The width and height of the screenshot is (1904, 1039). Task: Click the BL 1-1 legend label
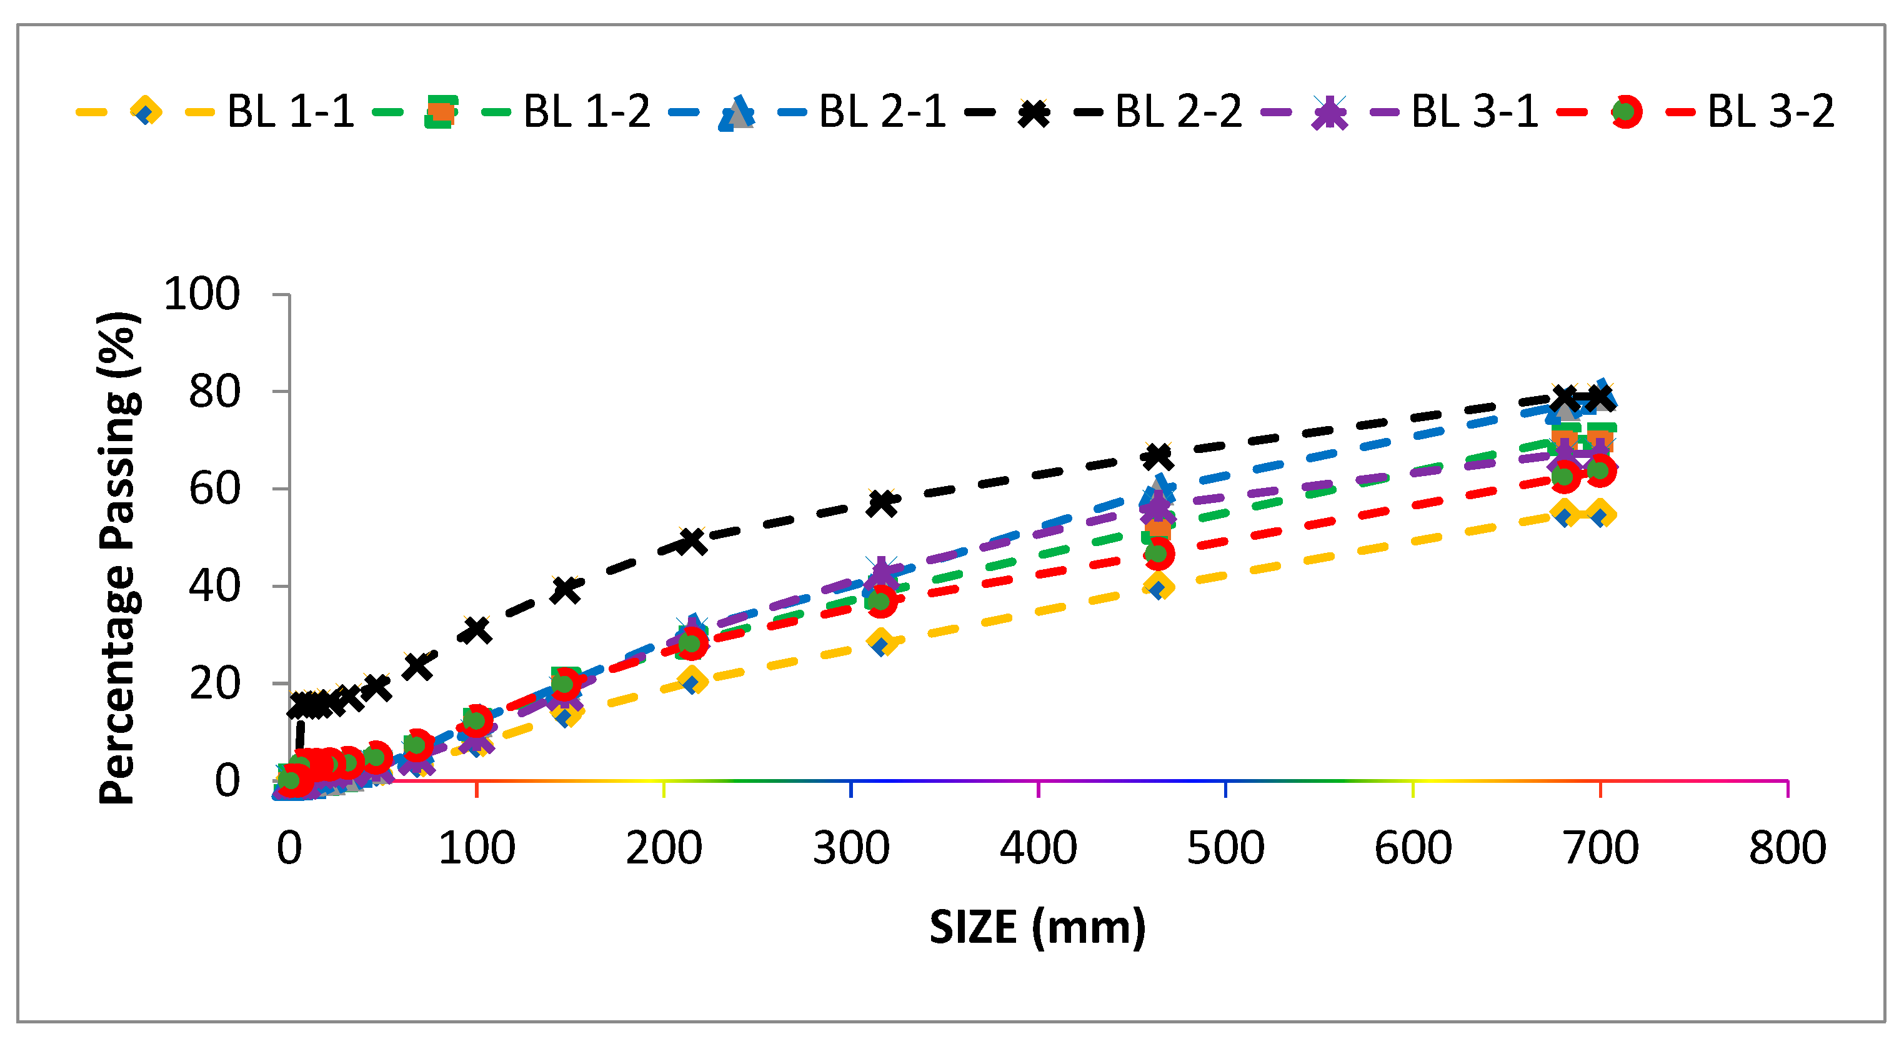coord(291,112)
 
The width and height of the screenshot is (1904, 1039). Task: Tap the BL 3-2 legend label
coord(1770,112)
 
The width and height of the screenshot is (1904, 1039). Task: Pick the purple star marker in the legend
coord(1329,113)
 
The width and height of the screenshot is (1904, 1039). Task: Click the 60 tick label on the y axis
coord(214,489)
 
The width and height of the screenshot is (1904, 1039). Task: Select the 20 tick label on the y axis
coord(214,684)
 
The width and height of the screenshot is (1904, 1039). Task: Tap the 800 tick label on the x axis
coord(1787,848)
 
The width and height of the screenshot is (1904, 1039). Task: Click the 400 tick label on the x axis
coord(1038,848)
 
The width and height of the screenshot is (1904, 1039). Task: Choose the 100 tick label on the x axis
coord(477,848)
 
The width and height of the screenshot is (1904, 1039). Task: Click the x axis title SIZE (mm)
coord(1037,927)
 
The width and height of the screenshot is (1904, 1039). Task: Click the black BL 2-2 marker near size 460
coord(1157,457)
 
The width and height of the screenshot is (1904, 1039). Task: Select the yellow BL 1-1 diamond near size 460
coord(1157,587)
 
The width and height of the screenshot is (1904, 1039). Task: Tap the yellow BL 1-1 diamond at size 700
coord(1600,514)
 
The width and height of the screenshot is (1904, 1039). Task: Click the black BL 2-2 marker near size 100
coord(477,630)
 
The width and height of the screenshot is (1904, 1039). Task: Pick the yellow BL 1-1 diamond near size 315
coord(881,642)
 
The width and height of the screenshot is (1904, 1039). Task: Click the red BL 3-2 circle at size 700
coord(1600,470)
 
